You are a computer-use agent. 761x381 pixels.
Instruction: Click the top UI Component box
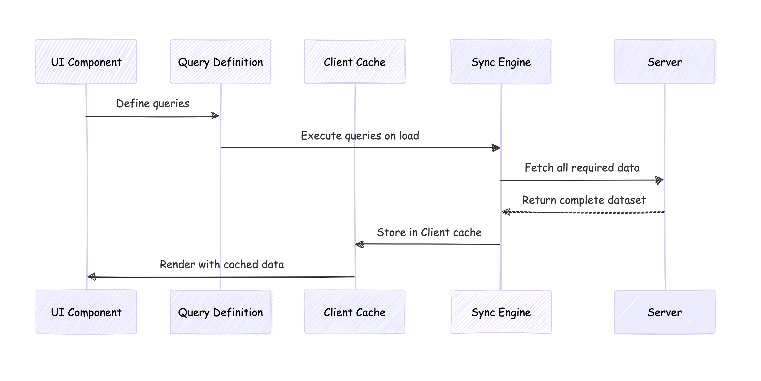point(86,62)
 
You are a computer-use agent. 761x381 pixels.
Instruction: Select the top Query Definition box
point(220,62)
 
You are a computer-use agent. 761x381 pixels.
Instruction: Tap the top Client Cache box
point(354,62)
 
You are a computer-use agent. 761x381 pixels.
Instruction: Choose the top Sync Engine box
point(501,62)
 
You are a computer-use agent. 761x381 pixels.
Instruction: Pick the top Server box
point(664,62)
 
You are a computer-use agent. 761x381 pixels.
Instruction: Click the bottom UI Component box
point(86,312)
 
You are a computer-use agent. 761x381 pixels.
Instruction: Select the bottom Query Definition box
point(220,312)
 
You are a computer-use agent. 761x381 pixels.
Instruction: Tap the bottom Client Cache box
point(354,312)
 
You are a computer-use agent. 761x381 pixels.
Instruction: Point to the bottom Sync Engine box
point(501,312)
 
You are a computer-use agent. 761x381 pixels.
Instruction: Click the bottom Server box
point(664,312)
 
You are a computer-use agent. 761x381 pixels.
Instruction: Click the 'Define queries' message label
point(153,104)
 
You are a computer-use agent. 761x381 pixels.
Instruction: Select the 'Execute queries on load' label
point(360,136)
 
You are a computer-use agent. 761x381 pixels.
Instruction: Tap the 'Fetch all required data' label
point(582,168)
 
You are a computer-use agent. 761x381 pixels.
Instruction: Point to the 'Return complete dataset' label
point(584,200)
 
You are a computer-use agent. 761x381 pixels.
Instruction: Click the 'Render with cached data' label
point(222,265)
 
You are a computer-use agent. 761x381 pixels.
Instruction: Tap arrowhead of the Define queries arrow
point(215,116)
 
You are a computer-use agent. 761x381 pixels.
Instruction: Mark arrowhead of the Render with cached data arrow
point(92,277)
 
